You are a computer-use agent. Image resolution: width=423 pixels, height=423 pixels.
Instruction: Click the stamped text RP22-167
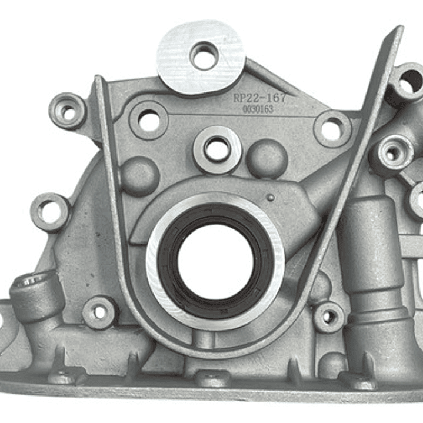click(259, 98)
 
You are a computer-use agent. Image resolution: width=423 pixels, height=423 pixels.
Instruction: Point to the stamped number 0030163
click(258, 109)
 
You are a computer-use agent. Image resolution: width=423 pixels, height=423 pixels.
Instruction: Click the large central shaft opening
click(215, 261)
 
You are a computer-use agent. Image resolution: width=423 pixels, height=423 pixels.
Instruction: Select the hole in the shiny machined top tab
click(204, 55)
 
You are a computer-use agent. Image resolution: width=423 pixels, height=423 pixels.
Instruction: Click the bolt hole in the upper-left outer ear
click(68, 112)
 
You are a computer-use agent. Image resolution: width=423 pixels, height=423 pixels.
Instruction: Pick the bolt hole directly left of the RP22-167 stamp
click(149, 121)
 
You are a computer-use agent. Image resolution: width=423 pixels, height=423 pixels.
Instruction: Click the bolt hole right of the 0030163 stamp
click(332, 129)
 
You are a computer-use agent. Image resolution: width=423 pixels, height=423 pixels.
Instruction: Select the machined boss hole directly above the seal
click(217, 149)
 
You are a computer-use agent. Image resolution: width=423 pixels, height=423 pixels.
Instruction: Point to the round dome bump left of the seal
click(139, 175)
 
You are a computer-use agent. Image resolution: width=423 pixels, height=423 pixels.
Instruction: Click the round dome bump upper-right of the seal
click(267, 158)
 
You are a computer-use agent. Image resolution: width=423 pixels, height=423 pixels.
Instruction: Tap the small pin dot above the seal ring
click(270, 198)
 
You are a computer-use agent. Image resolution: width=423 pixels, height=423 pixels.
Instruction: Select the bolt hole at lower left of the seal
click(99, 312)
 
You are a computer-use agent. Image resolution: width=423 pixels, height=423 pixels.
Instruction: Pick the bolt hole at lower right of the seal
click(328, 317)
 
